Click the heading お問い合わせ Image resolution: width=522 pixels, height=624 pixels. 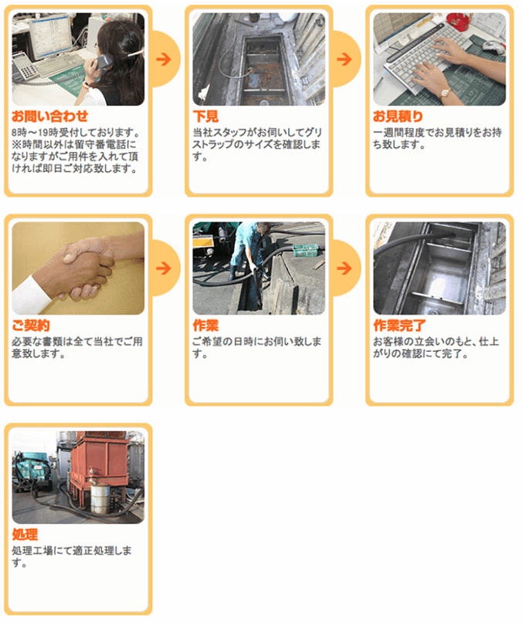click(50, 116)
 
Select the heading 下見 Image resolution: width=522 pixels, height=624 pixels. click(205, 116)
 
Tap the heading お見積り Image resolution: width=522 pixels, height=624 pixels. click(398, 116)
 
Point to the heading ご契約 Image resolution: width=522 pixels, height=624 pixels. click(31, 325)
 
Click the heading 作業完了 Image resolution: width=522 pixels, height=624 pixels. click(399, 325)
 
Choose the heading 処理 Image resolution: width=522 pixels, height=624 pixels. click(25, 535)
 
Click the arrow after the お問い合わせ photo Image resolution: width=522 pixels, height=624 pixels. click(164, 59)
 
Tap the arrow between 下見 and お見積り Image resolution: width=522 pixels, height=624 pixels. click(344, 59)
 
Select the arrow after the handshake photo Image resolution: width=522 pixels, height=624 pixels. click(164, 268)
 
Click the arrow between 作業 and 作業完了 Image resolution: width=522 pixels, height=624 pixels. click(344, 268)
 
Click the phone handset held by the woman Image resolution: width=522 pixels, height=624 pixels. click(103, 62)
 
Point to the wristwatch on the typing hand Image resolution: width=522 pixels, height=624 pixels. click(445, 93)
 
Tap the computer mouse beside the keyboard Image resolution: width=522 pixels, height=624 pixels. click(493, 46)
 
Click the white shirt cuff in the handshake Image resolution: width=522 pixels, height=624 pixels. click(31, 294)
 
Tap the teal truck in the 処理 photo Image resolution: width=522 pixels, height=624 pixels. click(32, 471)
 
